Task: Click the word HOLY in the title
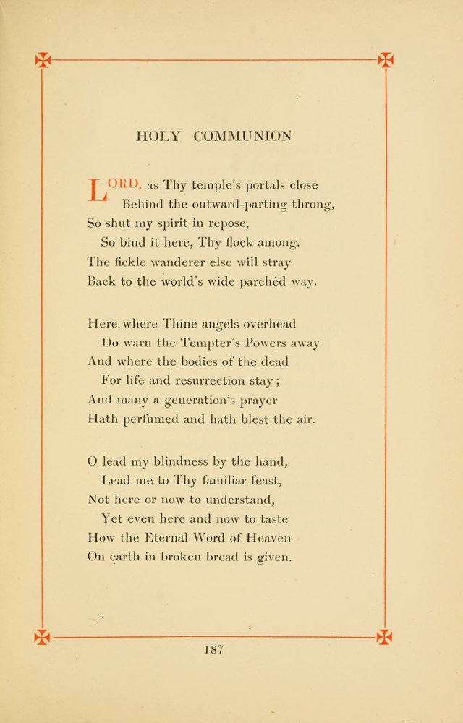[158, 136]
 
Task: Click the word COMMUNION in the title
[242, 136]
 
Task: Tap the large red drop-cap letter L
[97, 191]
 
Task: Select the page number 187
[213, 649]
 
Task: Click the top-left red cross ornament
[43, 60]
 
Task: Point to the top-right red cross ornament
[386, 60]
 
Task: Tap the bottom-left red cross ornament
[43, 637]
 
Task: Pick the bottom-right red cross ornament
[384, 637]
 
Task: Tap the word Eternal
[167, 537]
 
